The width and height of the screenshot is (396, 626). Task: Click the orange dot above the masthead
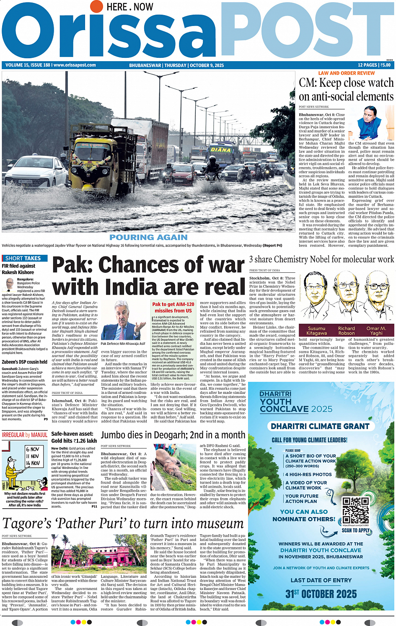96,6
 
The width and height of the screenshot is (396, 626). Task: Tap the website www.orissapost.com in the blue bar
75,65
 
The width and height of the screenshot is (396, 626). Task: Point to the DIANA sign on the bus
220,150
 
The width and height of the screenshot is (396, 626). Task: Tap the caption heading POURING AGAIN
148,238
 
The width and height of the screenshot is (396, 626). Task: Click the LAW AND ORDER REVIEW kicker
347,73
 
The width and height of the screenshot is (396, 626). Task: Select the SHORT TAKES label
23,259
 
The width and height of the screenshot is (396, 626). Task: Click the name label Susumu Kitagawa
317,331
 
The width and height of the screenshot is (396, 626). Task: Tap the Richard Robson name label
347,331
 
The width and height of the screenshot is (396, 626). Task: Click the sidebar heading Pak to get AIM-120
173,308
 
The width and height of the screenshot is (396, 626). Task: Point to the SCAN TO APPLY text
356,530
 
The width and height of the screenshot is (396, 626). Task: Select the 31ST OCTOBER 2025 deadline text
321,594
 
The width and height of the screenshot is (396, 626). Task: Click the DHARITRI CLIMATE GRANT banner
320,426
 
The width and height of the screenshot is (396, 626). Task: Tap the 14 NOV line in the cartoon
33,463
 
